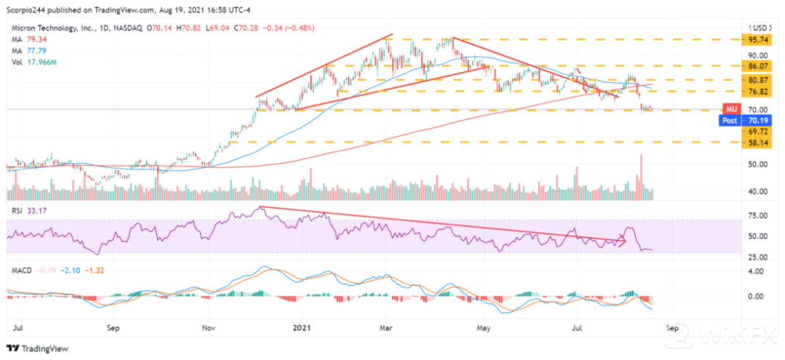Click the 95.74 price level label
[x=759, y=40]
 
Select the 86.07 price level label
[x=759, y=65]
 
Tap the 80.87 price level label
[x=759, y=80]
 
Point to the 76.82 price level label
[x=759, y=92]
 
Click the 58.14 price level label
[x=759, y=143]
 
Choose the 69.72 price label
[x=759, y=132]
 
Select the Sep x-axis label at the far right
[x=672, y=328]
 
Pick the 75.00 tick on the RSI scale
[x=757, y=216]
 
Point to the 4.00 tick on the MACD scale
[x=757, y=272]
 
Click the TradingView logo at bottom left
[x=36, y=347]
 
